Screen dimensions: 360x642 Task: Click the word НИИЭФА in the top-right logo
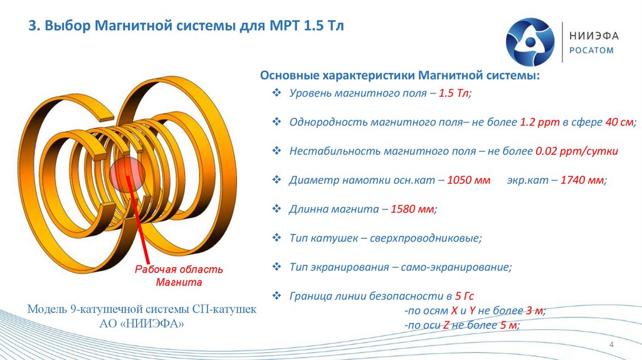click(x=594, y=36)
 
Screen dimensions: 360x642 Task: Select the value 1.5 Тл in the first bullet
click(x=454, y=93)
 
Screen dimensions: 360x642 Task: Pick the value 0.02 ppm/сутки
click(x=577, y=151)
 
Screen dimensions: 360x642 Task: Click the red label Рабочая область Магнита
click(x=179, y=276)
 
